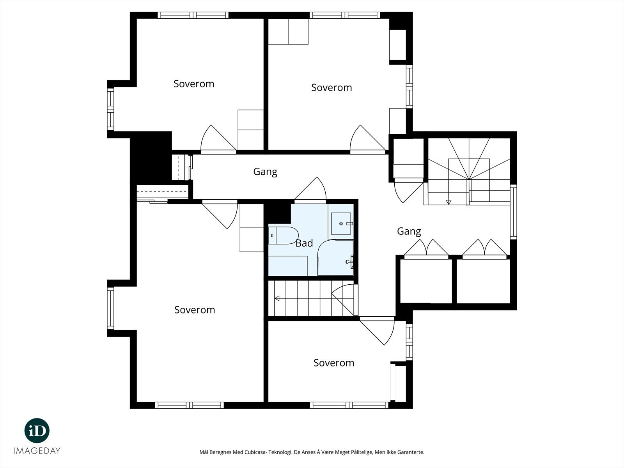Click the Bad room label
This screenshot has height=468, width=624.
[x=304, y=243]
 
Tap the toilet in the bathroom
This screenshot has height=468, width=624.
[x=283, y=236]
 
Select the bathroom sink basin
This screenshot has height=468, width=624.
[x=341, y=223]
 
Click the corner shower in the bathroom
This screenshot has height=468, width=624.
[x=335, y=258]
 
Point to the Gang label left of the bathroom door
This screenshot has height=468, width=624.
[x=265, y=172]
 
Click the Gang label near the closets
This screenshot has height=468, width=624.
[x=409, y=232]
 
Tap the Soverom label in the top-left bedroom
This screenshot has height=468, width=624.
[x=193, y=84]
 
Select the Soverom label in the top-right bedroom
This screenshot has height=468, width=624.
[x=331, y=88]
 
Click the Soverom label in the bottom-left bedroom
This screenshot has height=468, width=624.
[x=195, y=310]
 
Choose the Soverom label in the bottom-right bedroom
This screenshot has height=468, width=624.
[x=334, y=363]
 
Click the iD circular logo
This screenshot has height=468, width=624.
[x=37, y=431]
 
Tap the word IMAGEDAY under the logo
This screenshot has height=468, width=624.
[x=37, y=451]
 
